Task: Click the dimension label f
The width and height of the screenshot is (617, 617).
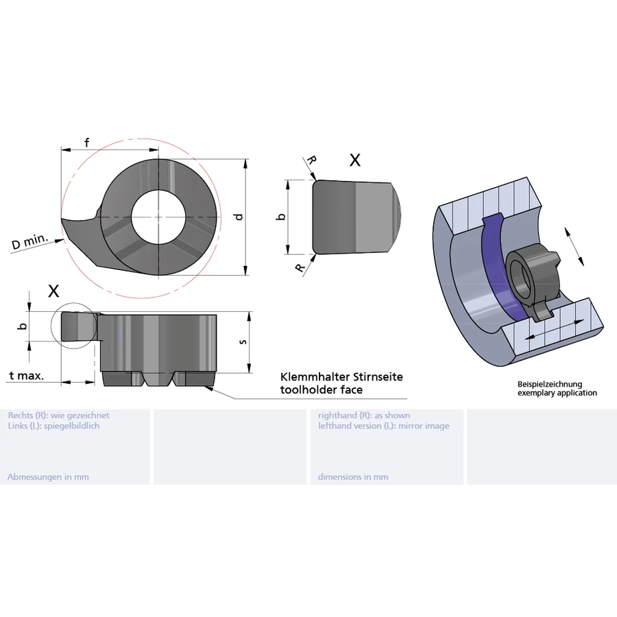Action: tap(86, 143)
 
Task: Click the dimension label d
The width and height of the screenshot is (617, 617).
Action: tap(238, 217)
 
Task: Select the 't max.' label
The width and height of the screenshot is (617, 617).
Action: tap(27, 376)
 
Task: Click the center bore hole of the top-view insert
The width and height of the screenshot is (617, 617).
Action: tap(158, 216)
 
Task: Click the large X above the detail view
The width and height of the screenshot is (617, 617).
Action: tap(354, 160)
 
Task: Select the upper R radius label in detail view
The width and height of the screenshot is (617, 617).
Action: tap(312, 160)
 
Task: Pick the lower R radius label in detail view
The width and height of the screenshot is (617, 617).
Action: tap(301, 267)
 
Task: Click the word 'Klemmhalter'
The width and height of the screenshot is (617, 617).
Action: tap(315, 377)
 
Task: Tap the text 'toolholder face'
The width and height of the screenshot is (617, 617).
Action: tap(321, 390)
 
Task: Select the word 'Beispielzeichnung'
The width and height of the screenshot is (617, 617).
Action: tap(549, 385)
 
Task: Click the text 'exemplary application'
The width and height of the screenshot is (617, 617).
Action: tap(557, 393)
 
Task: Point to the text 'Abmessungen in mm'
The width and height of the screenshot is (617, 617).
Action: tap(48, 476)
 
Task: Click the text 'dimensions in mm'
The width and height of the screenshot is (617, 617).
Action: tap(353, 476)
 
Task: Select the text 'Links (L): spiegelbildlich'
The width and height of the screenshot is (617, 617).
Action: tap(53, 426)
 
